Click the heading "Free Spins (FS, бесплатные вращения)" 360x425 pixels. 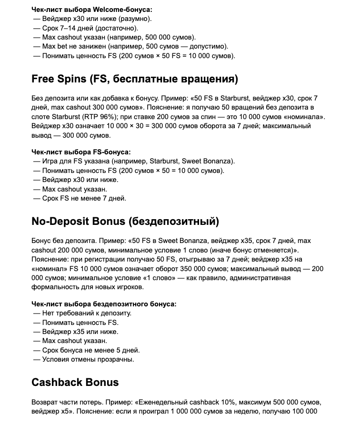point(135,79)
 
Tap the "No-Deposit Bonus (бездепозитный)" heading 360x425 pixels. point(125,222)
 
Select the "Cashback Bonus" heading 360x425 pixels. point(75,383)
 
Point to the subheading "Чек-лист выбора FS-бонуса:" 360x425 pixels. point(81,152)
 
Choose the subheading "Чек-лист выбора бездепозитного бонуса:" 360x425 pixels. point(104,304)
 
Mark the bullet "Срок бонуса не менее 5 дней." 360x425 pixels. point(90,350)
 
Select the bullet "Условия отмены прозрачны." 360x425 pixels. point(88,359)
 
